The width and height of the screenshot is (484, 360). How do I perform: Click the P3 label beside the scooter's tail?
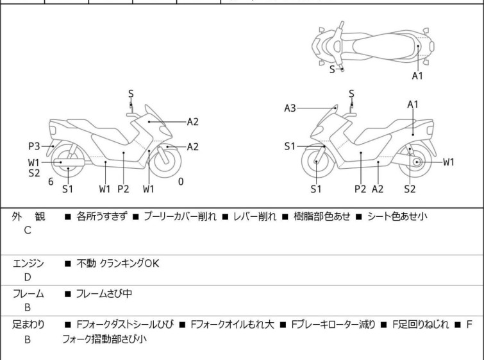click(x=33, y=146)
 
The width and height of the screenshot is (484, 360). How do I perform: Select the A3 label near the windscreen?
click(x=290, y=108)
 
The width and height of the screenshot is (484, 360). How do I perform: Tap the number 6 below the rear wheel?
click(x=51, y=182)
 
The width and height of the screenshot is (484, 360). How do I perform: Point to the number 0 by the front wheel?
click(x=181, y=182)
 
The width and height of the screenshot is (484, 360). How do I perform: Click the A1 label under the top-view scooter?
click(x=417, y=76)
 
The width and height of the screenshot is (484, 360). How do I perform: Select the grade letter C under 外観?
click(x=27, y=229)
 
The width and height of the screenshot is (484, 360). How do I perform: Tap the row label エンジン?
click(x=28, y=263)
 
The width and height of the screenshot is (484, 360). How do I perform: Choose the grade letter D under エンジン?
click(x=27, y=277)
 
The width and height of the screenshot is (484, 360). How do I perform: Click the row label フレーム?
click(x=28, y=294)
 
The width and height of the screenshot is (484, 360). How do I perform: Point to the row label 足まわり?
click(x=28, y=324)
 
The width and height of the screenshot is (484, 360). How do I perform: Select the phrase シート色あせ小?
click(x=397, y=216)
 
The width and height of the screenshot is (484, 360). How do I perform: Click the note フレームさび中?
click(x=103, y=294)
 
